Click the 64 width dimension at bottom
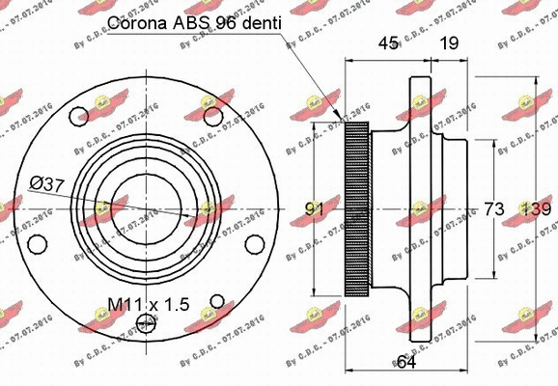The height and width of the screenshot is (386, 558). (407, 362)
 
